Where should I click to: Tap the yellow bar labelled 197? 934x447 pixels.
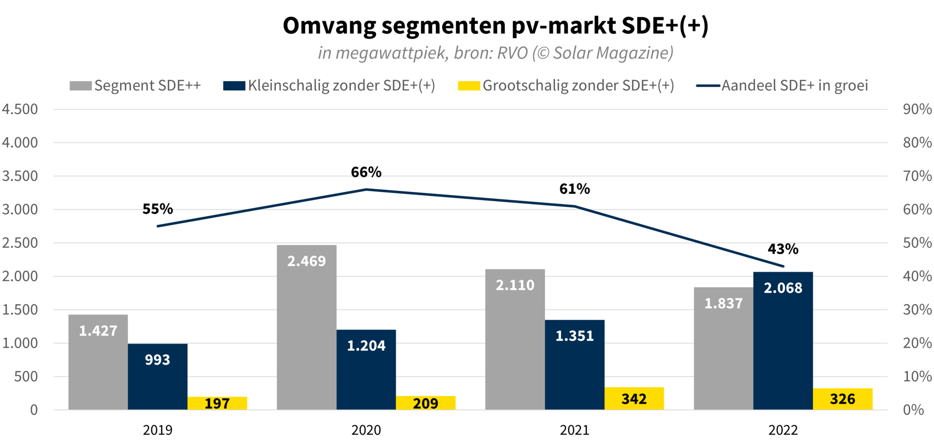point(217,403)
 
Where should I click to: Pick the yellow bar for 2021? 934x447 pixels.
point(634,398)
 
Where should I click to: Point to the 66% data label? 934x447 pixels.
point(366,172)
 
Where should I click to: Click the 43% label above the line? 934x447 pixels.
point(783,249)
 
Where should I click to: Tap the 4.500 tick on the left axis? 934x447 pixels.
point(20,109)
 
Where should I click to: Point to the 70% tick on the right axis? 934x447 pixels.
point(917,176)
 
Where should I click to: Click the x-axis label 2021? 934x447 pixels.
point(575,430)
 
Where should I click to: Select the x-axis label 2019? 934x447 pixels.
point(158,430)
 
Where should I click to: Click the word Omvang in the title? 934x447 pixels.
point(329,26)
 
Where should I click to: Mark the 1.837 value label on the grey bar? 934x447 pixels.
point(723,304)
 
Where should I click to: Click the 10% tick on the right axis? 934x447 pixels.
point(917,377)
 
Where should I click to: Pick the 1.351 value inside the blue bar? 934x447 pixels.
point(575,336)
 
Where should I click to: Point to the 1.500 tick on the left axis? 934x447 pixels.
point(20,309)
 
